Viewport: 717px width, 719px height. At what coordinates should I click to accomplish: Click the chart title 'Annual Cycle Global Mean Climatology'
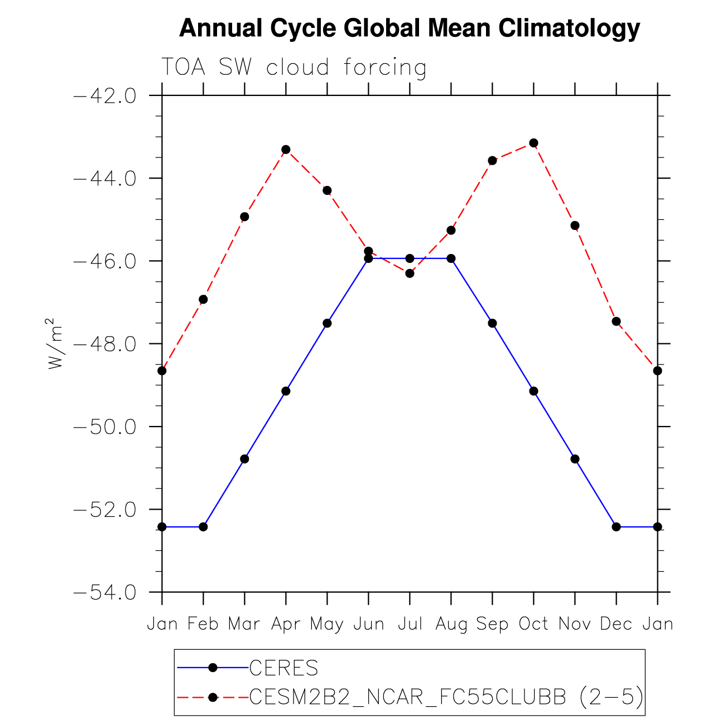409,28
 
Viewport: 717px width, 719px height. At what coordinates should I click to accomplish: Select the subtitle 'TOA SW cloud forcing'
293,68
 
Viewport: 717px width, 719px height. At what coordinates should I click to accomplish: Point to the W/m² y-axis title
54,343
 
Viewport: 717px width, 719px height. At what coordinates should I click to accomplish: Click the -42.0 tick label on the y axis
105,96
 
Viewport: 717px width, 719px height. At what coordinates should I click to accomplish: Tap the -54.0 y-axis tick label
105,592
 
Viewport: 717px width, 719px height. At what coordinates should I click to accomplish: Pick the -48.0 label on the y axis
105,344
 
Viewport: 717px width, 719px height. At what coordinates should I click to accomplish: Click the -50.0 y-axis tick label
105,427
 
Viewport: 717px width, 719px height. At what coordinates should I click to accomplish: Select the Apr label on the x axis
286,624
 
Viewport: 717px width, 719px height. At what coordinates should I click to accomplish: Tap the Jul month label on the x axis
410,624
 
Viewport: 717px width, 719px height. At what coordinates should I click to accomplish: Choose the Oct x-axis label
533,624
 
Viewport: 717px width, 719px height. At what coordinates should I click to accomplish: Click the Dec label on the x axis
616,624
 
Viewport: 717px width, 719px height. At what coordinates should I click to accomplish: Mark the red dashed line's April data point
286,150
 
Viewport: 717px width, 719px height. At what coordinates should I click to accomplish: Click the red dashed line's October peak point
533,143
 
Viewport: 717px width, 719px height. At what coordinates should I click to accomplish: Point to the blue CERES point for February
203,526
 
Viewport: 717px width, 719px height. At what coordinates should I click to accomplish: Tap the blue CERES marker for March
244,459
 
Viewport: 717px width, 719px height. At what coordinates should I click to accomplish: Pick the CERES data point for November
575,459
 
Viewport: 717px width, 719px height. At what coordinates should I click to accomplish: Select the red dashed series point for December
616,321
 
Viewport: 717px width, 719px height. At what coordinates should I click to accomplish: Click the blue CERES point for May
327,323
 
